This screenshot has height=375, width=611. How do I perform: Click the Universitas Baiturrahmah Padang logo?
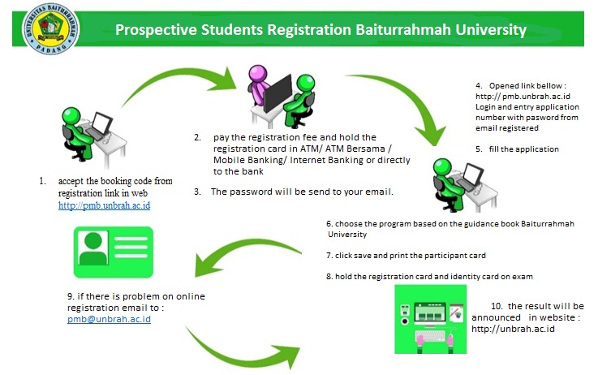(x=50, y=29)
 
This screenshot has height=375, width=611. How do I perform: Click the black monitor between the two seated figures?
(x=278, y=94)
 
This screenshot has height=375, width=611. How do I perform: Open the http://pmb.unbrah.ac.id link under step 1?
(x=104, y=205)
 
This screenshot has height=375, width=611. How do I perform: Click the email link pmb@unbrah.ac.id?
(x=109, y=319)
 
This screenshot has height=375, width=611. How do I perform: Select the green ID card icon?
(x=114, y=252)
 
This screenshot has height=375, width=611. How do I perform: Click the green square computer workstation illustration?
(x=431, y=319)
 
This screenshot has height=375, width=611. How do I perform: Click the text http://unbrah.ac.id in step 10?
(x=513, y=329)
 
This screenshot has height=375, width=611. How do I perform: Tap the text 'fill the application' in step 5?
(x=523, y=149)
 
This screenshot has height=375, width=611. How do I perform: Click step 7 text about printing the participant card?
(x=406, y=256)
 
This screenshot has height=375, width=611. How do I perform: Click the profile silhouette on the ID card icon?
(x=93, y=248)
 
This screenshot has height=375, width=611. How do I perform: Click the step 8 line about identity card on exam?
(x=429, y=276)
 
